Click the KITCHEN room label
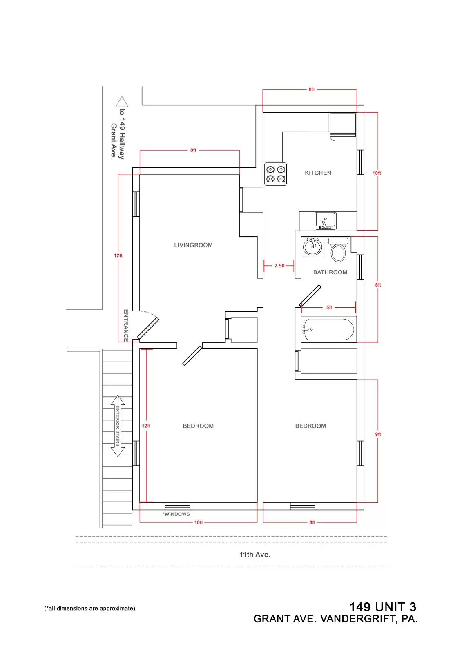click(318, 173)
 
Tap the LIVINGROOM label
click(193, 245)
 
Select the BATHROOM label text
click(330, 272)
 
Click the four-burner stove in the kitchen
click(275, 174)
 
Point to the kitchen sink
click(326, 221)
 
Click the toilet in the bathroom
click(338, 249)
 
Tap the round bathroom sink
click(312, 247)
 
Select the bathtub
click(328, 329)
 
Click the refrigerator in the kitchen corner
click(343, 125)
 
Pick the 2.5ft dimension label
click(279, 266)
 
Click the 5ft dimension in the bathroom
click(329, 307)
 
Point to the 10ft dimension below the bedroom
click(199, 522)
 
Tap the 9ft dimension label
click(378, 434)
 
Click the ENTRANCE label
click(126, 325)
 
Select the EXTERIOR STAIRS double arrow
click(117, 426)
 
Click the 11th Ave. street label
click(254, 555)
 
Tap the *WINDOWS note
click(176, 514)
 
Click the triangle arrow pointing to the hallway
click(122, 102)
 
